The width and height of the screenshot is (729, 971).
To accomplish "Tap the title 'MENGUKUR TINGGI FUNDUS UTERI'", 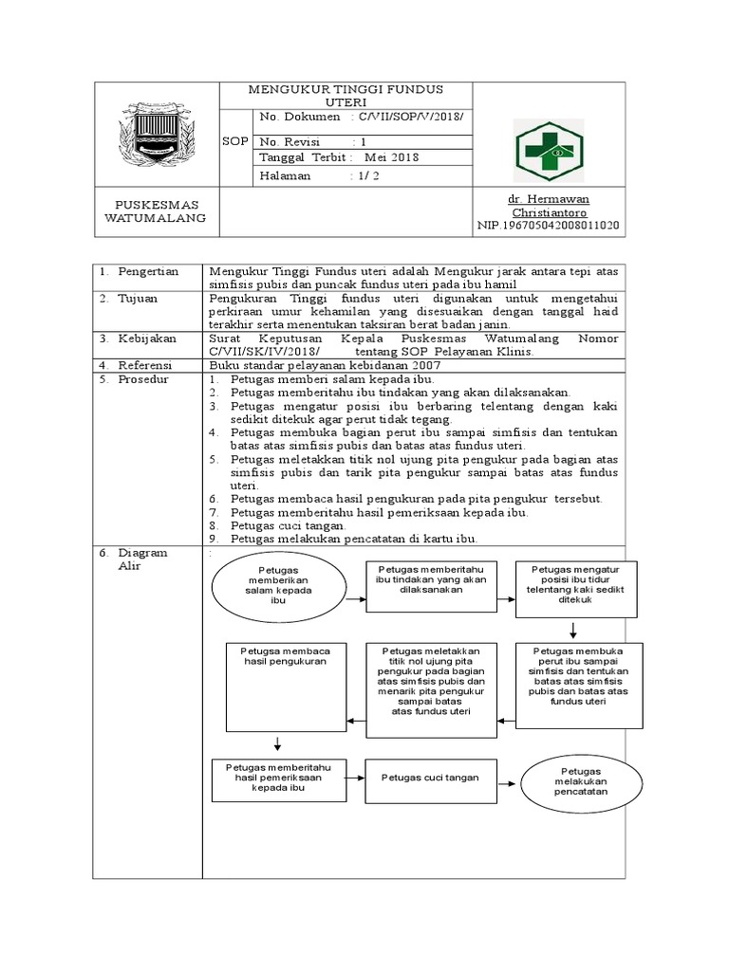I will pyautogui.click(x=346, y=95).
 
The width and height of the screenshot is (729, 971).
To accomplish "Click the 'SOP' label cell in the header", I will pyautogui.click(x=234, y=141).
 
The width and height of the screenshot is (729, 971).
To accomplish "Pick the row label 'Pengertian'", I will pyautogui.click(x=148, y=271).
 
